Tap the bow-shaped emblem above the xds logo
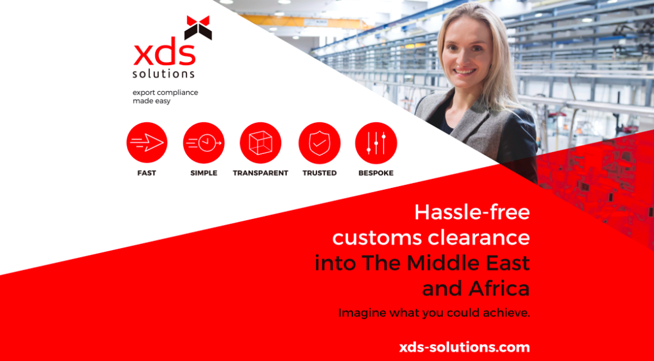click(198, 27)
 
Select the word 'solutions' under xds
click(164, 73)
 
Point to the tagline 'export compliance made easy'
click(165, 97)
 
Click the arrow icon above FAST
click(147, 143)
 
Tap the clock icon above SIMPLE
click(204, 143)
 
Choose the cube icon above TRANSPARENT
click(260, 143)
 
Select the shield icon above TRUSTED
click(320, 143)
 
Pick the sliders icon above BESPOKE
click(376, 143)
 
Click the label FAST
click(147, 173)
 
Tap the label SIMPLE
click(204, 173)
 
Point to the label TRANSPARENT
click(260, 173)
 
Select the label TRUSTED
click(320, 173)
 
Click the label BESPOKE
click(376, 173)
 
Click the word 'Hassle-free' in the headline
click(472, 212)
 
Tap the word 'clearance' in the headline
click(480, 238)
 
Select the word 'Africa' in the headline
click(499, 288)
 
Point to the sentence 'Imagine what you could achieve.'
click(434, 313)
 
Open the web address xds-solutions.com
click(465, 347)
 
